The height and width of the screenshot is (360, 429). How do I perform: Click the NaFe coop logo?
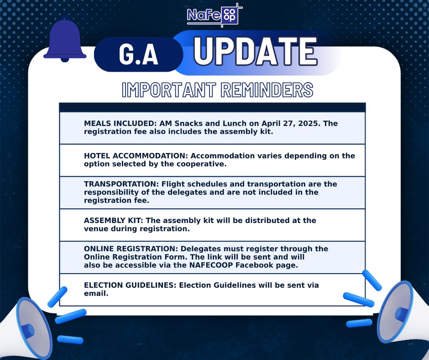pyautogui.click(x=214, y=15)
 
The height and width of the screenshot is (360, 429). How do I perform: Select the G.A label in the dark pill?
pyautogui.click(x=138, y=54)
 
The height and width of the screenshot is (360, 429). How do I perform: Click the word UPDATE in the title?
pyautogui.click(x=255, y=51)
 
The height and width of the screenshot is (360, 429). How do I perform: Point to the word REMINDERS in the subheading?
pyautogui.click(x=267, y=90)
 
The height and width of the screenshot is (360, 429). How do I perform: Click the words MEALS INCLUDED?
pyautogui.click(x=120, y=123)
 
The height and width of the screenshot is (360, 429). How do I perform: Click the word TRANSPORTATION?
pyautogui.click(x=121, y=184)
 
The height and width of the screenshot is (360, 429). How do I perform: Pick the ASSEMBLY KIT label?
pyautogui.click(x=114, y=220)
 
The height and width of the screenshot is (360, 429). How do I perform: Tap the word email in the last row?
pyautogui.click(x=96, y=293)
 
